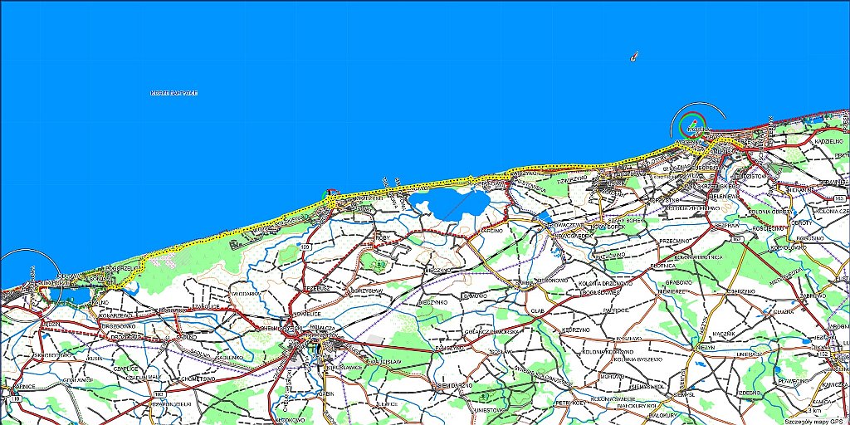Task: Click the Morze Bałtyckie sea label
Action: click(173, 92)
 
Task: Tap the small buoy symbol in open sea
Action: click(633, 57)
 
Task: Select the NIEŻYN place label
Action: click(706, 348)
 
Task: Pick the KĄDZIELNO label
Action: click(829, 141)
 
